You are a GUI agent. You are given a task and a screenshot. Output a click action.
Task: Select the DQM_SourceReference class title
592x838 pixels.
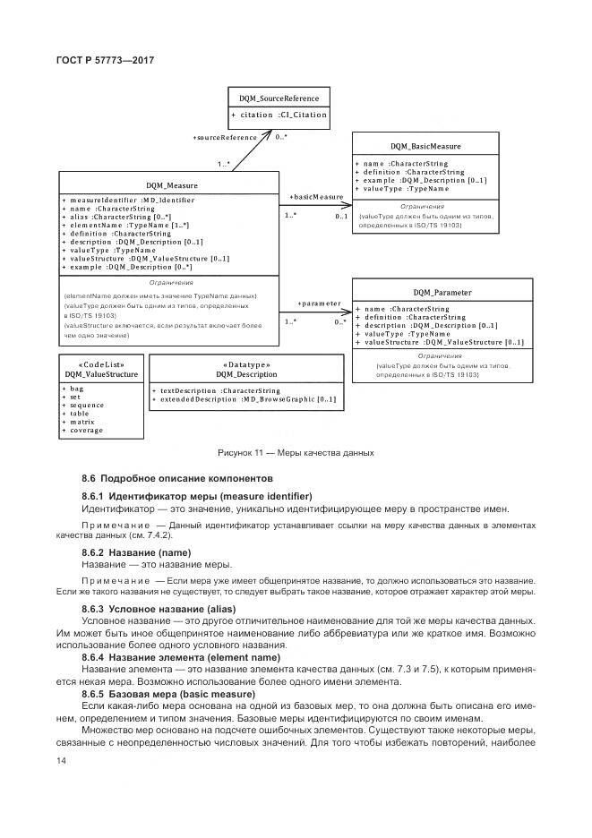coord(279,98)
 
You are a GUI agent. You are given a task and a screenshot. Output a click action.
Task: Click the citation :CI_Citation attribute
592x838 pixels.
coord(279,115)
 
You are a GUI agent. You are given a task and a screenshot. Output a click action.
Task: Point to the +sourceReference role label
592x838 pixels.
coord(224,137)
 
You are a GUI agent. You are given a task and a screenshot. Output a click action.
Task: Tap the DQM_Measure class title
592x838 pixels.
coord(171,186)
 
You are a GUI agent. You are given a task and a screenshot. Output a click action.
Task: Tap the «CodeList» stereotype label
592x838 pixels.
coord(101,364)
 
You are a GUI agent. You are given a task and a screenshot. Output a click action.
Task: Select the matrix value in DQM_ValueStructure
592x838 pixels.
coord(80,422)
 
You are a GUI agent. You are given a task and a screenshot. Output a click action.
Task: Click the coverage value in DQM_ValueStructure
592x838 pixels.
coord(85,430)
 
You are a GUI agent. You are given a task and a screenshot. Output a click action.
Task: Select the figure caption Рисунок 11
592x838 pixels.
coord(296,453)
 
